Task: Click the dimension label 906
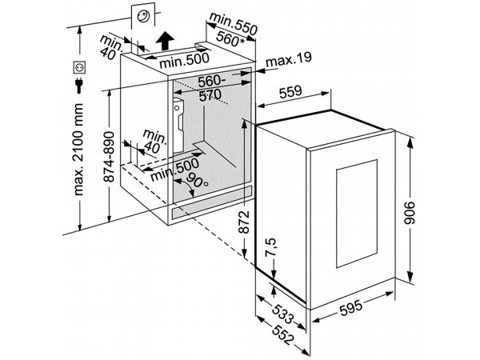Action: pyautogui.click(x=410, y=213)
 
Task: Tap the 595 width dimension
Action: pyautogui.click(x=351, y=306)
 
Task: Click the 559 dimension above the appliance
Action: pyautogui.click(x=291, y=91)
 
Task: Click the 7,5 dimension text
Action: pyautogui.click(x=270, y=247)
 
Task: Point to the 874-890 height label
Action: pyautogui.click(x=110, y=157)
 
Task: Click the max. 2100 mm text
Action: pyautogui.click(x=78, y=149)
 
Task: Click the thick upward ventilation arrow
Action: pyautogui.click(x=165, y=41)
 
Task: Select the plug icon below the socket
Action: pyautogui.click(x=79, y=85)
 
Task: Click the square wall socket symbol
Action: pyautogui.click(x=79, y=67)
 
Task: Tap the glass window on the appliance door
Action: pyautogui.click(x=357, y=214)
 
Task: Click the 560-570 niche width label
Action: pyautogui.click(x=211, y=89)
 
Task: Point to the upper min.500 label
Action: pyautogui.click(x=185, y=62)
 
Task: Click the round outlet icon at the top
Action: pyautogui.click(x=143, y=16)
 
